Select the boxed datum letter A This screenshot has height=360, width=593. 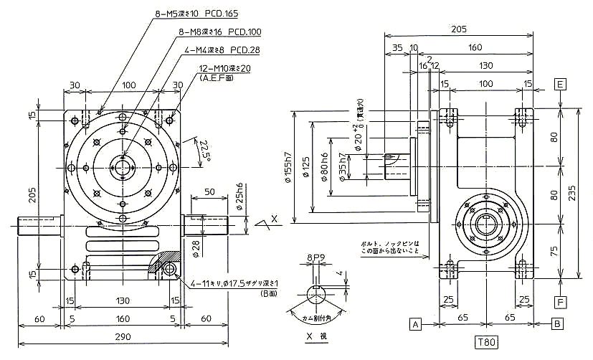415,324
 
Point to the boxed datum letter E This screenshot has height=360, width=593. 561,85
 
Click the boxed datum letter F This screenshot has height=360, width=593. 561,303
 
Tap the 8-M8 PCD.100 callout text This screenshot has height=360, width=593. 219,32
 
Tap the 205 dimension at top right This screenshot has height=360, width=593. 459,29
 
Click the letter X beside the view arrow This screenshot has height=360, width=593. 275,218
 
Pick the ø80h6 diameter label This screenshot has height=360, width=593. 327,169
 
